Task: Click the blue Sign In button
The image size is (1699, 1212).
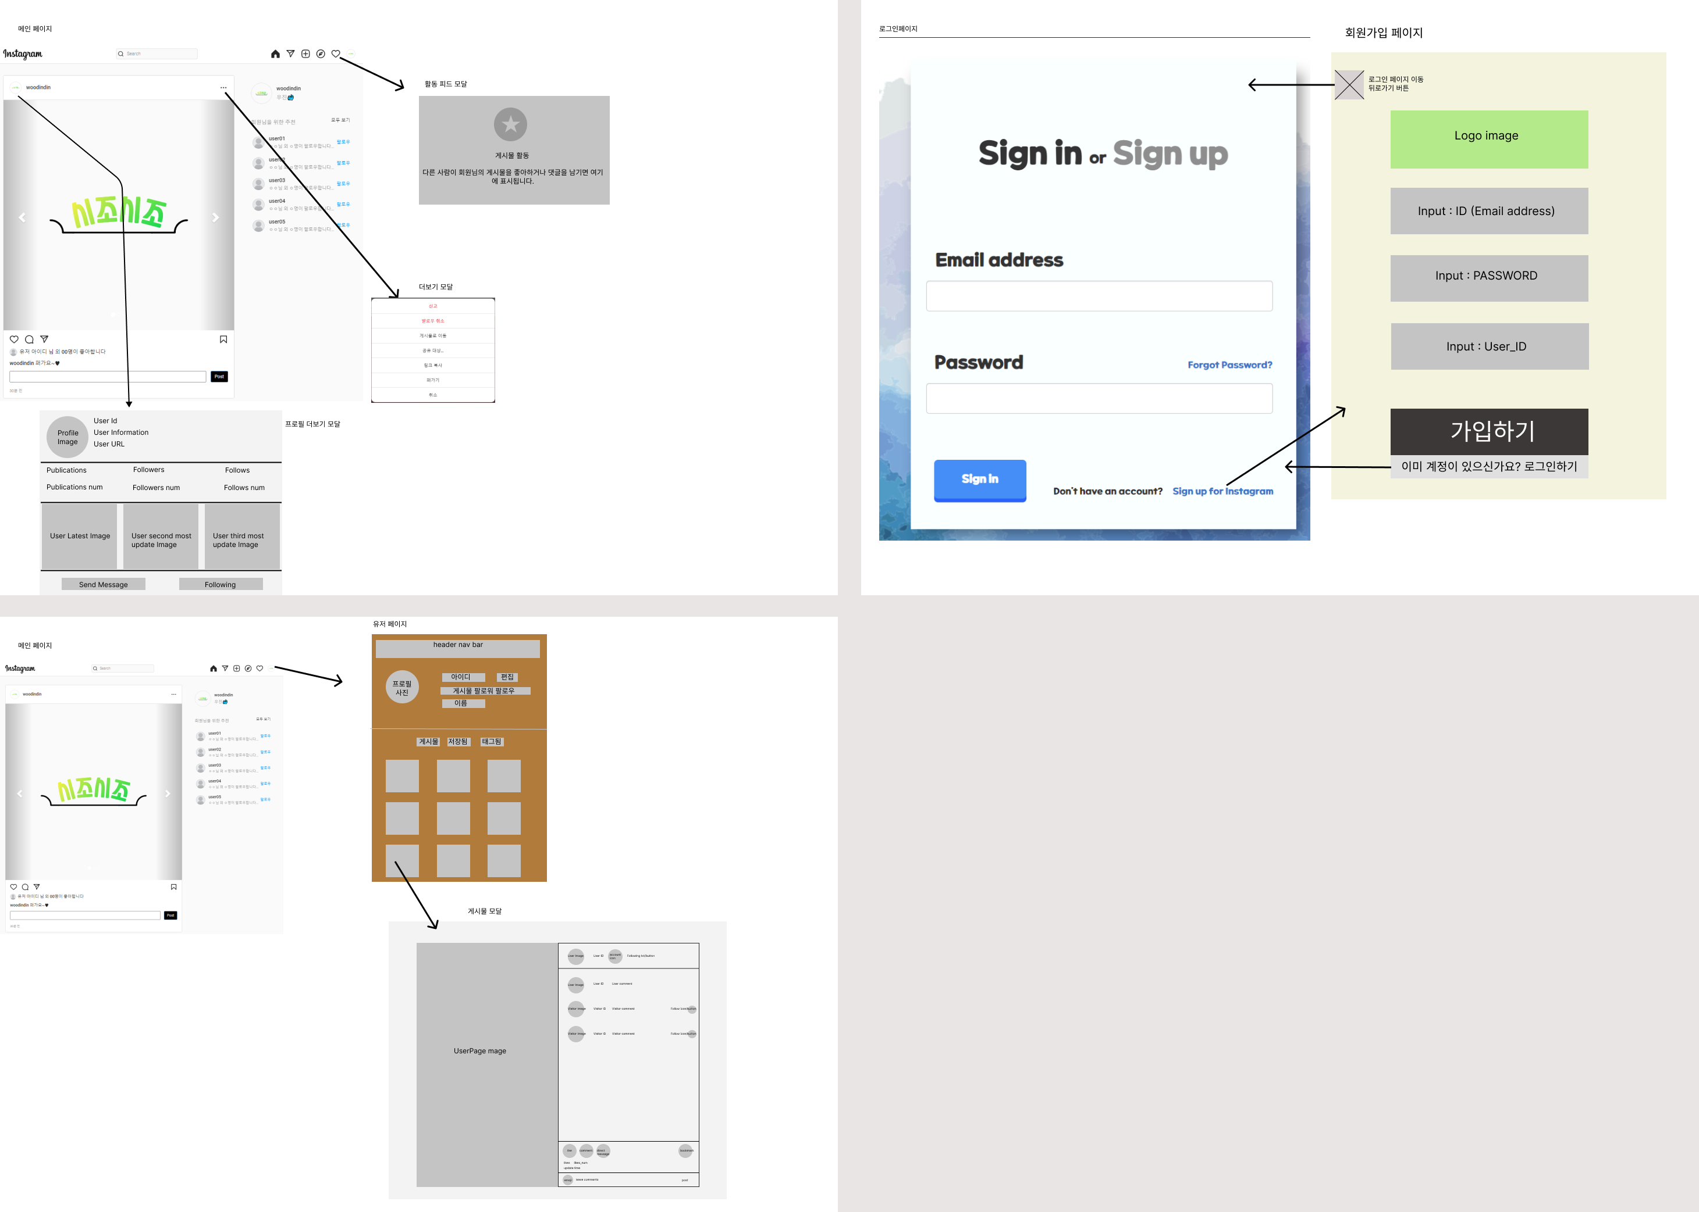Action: [979, 480]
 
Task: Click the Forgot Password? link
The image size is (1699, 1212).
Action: [1229, 365]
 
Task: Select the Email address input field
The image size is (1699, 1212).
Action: [1099, 296]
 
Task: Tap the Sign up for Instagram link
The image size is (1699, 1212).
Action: [1222, 491]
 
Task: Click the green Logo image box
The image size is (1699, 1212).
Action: [1488, 140]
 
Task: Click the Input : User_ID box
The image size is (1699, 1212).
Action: [1488, 346]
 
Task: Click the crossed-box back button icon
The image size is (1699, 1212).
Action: [1349, 84]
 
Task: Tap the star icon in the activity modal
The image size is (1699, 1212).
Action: [511, 124]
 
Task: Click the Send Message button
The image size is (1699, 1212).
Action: [103, 584]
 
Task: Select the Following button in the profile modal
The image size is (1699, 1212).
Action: [221, 584]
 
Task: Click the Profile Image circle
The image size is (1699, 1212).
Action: [68, 437]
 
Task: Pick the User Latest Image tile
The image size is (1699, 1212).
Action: [80, 536]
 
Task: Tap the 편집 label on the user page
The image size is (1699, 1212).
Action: [507, 677]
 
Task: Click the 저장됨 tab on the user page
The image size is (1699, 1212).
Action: [458, 742]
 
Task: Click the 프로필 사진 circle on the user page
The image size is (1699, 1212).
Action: [402, 687]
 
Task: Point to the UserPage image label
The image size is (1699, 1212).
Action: [479, 1051]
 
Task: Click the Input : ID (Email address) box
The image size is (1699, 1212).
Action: [1488, 211]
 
